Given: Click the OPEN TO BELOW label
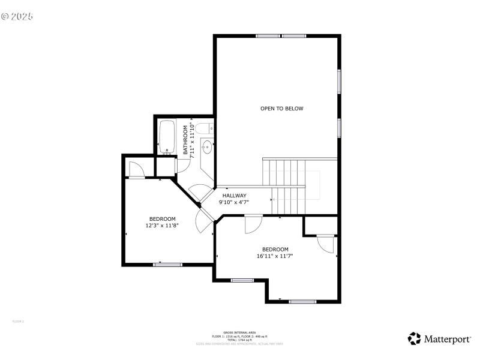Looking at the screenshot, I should [x=281, y=109].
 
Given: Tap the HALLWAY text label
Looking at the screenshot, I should [x=234, y=196].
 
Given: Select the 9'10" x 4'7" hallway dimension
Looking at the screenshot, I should [x=234, y=203].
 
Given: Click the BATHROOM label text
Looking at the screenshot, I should [x=185, y=140].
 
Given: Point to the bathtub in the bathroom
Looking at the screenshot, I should [x=166, y=137].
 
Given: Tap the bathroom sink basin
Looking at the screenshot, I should [x=206, y=145].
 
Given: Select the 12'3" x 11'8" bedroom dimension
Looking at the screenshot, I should [x=162, y=226].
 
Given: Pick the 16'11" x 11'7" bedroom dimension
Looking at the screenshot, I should [x=275, y=256].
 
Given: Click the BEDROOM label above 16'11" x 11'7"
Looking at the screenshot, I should [x=275, y=249].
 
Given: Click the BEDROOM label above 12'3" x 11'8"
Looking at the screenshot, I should [x=162, y=218].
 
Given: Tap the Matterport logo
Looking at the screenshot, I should [x=439, y=339].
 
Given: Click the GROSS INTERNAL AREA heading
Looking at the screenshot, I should [x=239, y=332].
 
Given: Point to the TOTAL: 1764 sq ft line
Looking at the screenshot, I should [x=239, y=340].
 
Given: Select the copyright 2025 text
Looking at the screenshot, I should [x=17, y=16].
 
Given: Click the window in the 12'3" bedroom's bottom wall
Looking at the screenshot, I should [x=167, y=264].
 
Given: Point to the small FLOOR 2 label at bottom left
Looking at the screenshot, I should [x=18, y=322].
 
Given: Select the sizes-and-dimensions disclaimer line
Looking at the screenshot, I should [x=239, y=344].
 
